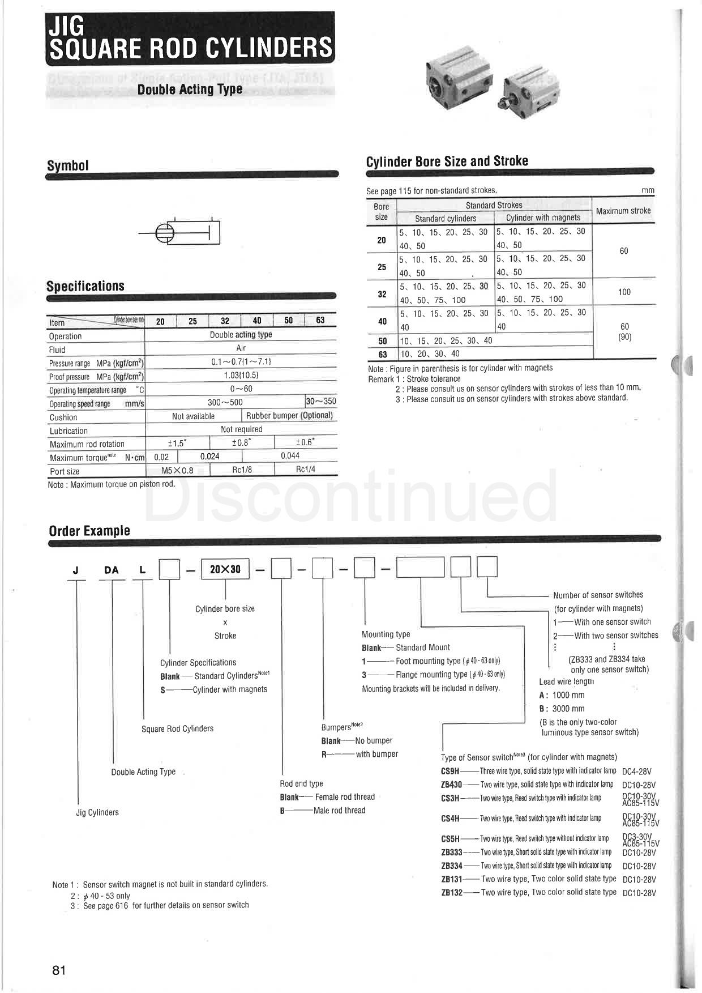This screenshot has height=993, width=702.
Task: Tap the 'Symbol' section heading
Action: (x=68, y=165)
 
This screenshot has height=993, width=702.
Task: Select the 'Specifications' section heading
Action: (x=85, y=286)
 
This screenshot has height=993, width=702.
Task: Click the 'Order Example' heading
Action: (x=89, y=531)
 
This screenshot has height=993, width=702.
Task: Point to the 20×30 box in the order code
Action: (x=225, y=569)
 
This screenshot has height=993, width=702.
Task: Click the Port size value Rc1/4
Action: (x=306, y=469)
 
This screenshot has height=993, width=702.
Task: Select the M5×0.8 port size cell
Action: (x=178, y=470)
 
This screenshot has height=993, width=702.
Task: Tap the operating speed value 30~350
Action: (x=321, y=401)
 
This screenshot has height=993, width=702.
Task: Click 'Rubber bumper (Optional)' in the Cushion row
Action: (x=289, y=415)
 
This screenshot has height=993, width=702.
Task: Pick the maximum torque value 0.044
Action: (x=290, y=455)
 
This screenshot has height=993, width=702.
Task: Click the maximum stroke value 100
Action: (x=624, y=292)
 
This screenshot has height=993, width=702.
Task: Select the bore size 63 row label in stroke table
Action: (x=382, y=354)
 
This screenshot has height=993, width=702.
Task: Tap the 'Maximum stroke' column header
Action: (x=623, y=211)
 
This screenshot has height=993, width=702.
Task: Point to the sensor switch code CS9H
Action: (x=450, y=771)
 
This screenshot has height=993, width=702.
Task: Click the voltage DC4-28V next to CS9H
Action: (x=637, y=771)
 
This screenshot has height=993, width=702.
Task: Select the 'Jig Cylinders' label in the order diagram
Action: (x=97, y=812)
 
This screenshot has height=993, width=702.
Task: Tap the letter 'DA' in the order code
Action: (x=112, y=570)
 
